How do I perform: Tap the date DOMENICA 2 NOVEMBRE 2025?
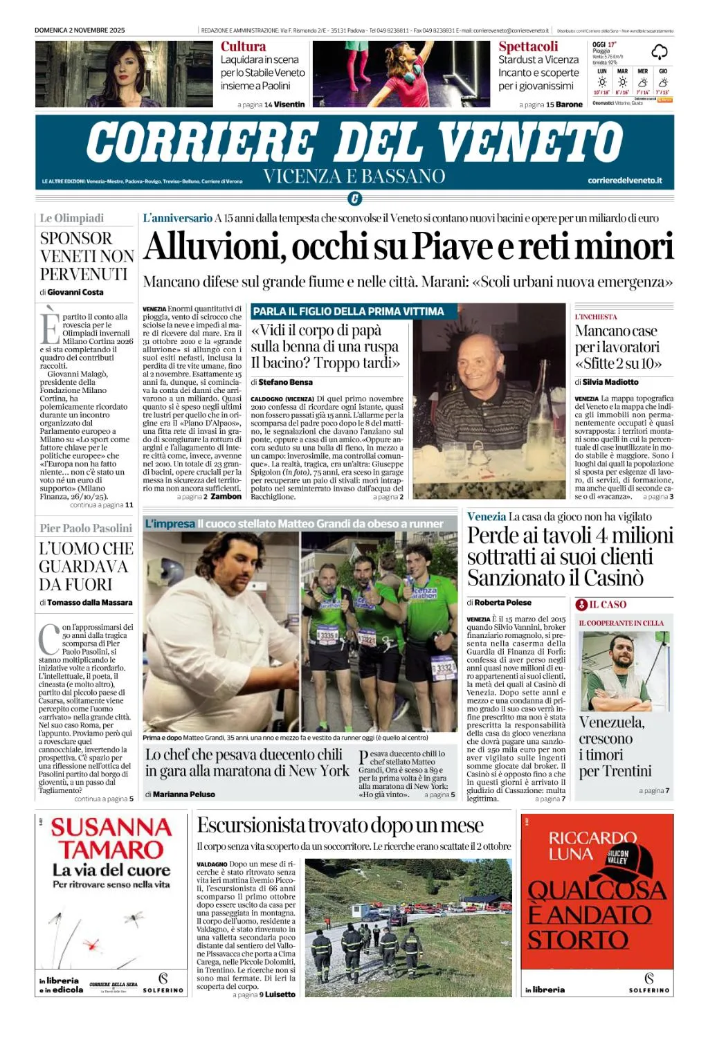80,30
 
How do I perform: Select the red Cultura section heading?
243,46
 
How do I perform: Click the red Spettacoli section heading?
528,46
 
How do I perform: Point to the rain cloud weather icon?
659,52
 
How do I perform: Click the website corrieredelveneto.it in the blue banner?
624,181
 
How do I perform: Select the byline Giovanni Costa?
75,292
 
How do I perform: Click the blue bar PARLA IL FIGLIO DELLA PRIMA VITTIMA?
348,311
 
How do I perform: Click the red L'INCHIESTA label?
596,317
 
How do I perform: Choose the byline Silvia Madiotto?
610,382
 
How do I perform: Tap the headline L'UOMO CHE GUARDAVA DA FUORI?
86,566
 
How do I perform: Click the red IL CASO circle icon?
582,604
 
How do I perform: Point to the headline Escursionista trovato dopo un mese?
340,825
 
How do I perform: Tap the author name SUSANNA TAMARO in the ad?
111,838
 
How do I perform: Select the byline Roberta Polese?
503,602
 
